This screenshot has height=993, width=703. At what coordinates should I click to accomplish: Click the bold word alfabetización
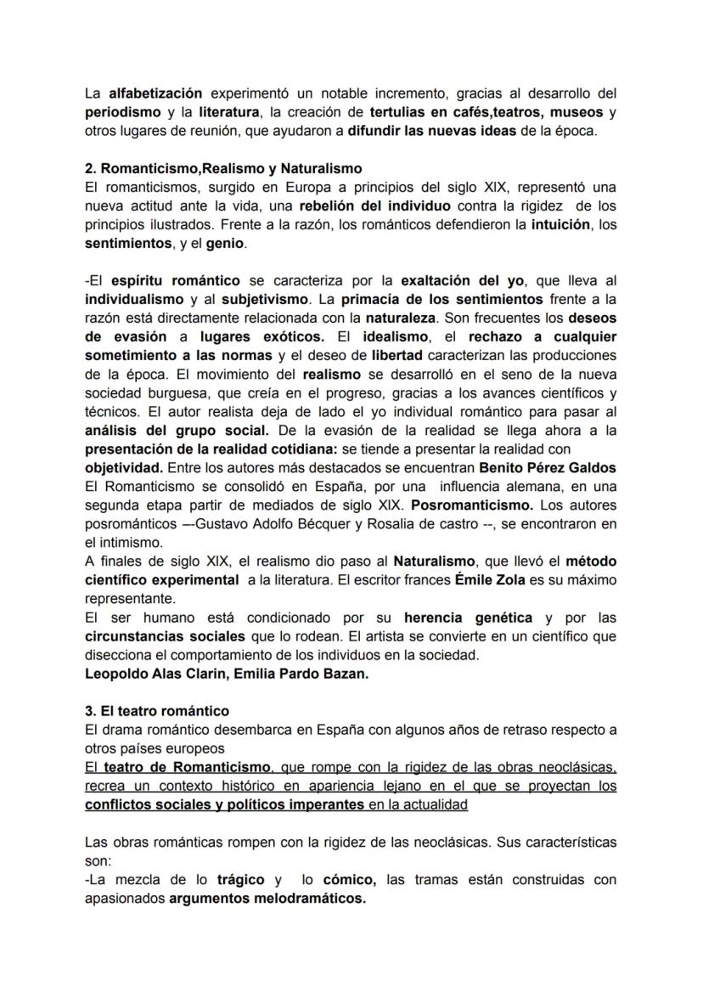(155, 93)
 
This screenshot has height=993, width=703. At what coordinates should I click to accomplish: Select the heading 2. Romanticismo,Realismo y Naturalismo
(223, 168)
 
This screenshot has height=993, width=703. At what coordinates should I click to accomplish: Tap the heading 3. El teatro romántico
(157, 710)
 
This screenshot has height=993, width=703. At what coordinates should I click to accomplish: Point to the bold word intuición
(561, 224)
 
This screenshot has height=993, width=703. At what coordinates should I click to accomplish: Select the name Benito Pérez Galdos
(548, 467)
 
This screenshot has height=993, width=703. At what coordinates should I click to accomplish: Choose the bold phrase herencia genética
(468, 617)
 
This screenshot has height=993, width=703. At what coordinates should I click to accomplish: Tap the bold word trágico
(240, 879)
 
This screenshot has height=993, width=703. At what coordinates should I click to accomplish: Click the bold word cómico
(350, 879)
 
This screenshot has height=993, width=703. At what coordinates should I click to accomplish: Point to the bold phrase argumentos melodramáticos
(267, 898)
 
